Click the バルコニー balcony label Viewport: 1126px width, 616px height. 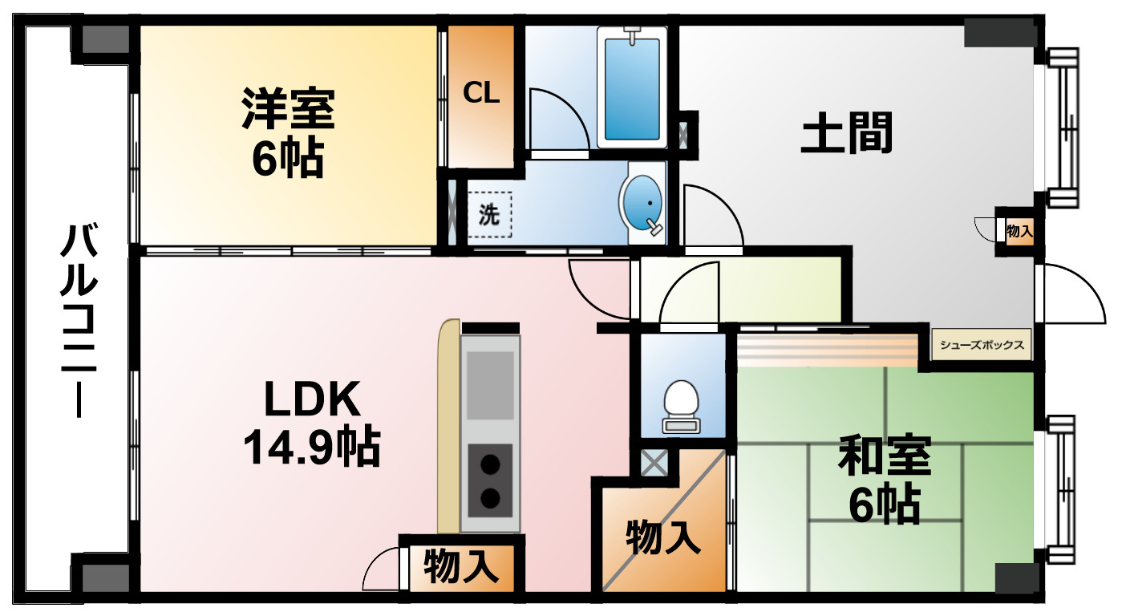tap(79, 321)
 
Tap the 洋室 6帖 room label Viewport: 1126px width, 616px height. tap(287, 134)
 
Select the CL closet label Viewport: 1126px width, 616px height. tap(481, 94)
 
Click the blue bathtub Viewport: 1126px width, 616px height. tap(632, 88)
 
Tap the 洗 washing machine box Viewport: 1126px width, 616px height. tap(489, 215)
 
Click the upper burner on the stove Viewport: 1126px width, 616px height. tap(490, 464)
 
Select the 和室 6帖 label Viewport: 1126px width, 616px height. tap(884, 479)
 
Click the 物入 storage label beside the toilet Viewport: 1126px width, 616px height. tap(662, 537)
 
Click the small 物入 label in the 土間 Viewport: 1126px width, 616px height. tap(1019, 232)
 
